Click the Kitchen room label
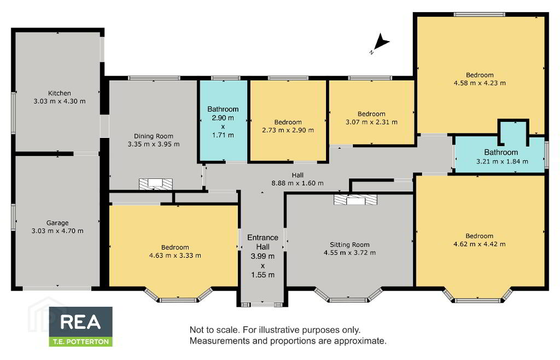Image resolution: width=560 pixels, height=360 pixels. tap(60, 93)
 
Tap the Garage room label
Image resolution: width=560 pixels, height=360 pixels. tap(57, 223)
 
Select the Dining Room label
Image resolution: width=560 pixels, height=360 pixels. tap(154, 136)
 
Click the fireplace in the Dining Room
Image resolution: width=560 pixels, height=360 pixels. tap(155, 184)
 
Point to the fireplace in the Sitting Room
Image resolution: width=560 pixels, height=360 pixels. tap(355, 200)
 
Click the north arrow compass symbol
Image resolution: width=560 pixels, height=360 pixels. tap(381, 43)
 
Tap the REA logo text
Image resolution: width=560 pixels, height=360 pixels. tap(81, 322)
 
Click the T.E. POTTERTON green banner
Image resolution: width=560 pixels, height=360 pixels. tap(81, 341)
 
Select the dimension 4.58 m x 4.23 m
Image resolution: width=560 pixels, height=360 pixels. tap(480, 83)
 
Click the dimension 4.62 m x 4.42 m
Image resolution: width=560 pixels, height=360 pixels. tap(479, 244)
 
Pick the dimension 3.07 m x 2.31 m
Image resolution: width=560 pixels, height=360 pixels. tap(371, 122)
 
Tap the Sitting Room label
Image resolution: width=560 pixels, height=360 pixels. tap(349, 245)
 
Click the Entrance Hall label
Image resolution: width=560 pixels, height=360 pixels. tap(263, 242)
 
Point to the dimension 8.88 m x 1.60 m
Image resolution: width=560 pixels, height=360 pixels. tap(297, 183)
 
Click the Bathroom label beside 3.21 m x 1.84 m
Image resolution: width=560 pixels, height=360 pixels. tap(501, 152)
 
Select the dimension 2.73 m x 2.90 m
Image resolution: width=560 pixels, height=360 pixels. tap(288, 130)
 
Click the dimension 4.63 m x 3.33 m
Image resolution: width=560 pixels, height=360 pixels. tap(175, 256)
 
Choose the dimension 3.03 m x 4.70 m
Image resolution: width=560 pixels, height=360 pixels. tap(57, 231)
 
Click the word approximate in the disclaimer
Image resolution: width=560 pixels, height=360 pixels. tap(360, 341)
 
